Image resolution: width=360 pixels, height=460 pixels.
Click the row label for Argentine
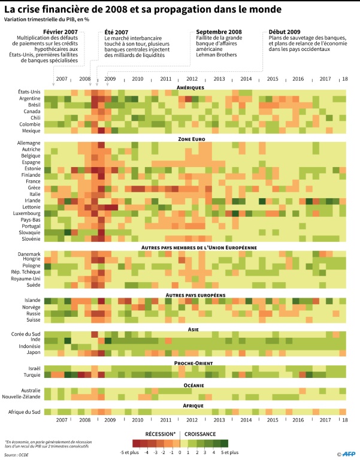tap(29, 98)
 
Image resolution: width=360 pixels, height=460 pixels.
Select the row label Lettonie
tap(30, 207)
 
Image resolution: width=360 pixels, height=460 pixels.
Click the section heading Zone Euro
tap(191, 138)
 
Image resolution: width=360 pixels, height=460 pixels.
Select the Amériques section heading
tap(191, 87)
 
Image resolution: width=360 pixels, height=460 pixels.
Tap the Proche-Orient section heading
tap(191, 363)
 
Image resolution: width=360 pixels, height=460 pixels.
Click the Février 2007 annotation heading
tap(61, 32)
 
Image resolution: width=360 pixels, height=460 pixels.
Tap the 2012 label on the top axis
tap(192, 79)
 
